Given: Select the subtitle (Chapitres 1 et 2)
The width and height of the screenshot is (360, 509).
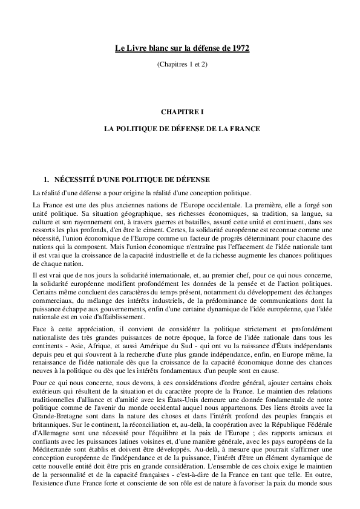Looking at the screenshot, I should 182,63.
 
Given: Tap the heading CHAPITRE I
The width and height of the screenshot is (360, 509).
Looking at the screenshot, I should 182,112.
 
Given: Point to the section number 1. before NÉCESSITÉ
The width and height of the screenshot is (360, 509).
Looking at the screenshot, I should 44,180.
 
